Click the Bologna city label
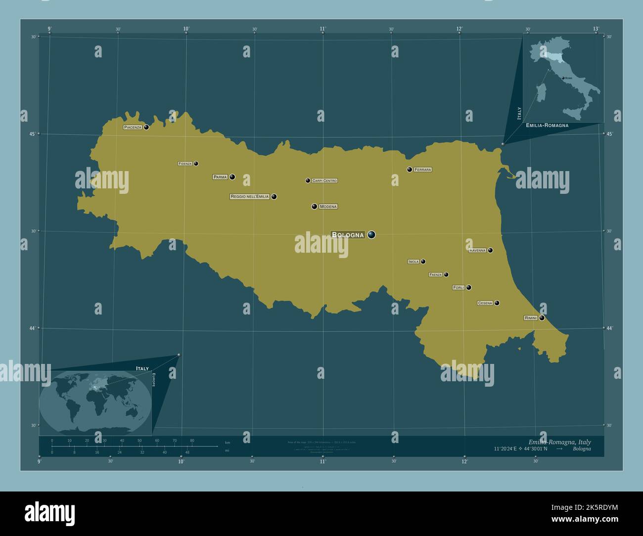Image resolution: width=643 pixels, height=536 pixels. (x=348, y=235)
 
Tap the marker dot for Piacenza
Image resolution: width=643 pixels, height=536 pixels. (x=146, y=127)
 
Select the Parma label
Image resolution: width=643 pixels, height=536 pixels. (x=220, y=177)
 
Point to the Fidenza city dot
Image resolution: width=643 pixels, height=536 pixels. (x=196, y=164)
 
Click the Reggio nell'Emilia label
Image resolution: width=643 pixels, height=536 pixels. (x=250, y=197)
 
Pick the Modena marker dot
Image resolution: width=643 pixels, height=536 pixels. (x=314, y=207)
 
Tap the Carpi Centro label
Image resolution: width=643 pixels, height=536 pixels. (x=324, y=181)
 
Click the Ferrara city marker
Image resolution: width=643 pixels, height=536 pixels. (x=410, y=170)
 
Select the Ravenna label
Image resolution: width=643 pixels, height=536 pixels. (x=478, y=251)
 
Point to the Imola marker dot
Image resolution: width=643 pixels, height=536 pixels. (x=423, y=262)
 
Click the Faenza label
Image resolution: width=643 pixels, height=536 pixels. (x=436, y=275)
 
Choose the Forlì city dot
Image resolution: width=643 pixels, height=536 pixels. (x=469, y=288)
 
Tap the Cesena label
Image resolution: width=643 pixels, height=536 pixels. (x=485, y=303)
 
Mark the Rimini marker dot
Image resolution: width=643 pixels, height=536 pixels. (x=542, y=318)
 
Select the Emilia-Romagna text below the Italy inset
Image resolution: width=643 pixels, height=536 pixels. (x=547, y=126)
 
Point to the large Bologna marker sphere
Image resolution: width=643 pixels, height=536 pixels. (x=371, y=235)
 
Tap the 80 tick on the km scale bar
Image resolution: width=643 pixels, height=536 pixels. (x=192, y=440)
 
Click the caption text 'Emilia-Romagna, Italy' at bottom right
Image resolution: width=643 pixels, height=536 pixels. (x=559, y=442)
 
